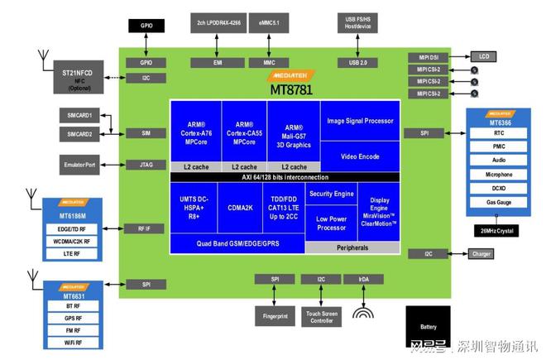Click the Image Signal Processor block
click(360, 121)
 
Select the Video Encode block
click(360, 156)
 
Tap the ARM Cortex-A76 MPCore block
click(195, 132)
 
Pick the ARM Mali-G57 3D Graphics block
click(292, 132)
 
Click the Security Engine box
click(331, 194)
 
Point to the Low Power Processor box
click(331, 223)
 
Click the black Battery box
click(429, 326)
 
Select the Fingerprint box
click(275, 315)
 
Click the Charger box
click(481, 254)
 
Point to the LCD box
click(484, 56)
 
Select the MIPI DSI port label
click(427, 56)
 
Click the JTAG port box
click(146, 165)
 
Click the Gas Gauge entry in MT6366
click(499, 202)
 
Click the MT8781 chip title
click(290, 89)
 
